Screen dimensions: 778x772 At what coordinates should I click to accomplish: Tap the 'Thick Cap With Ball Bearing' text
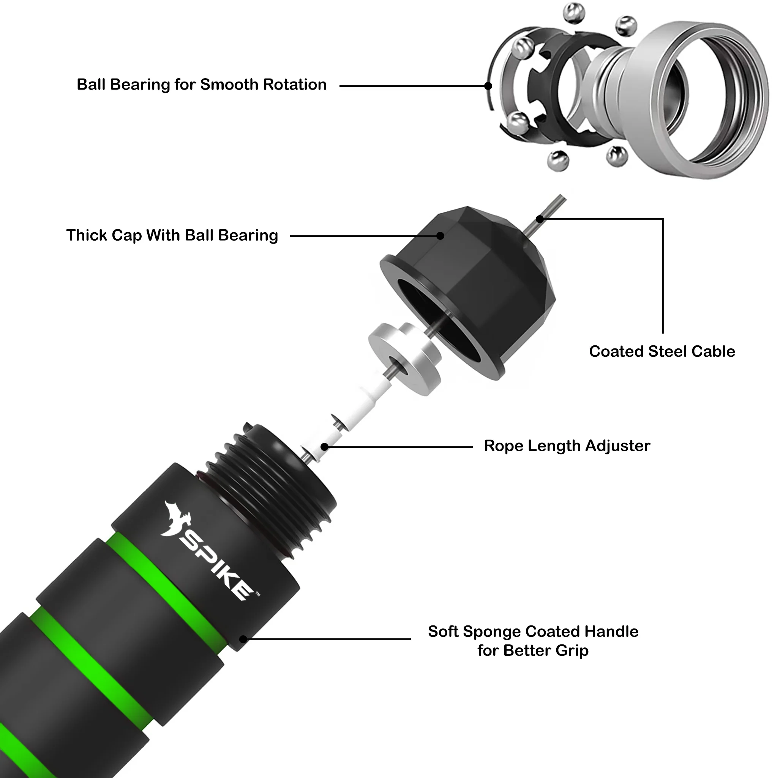(x=172, y=236)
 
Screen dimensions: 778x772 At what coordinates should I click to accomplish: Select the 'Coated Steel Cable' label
(x=661, y=351)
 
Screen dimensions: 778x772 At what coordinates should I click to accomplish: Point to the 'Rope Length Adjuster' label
(x=567, y=446)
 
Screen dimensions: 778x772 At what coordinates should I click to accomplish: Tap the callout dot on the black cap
(x=440, y=236)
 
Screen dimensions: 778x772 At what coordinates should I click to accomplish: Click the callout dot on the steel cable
(x=540, y=219)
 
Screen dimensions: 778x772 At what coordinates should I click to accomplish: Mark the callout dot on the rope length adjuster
(x=324, y=447)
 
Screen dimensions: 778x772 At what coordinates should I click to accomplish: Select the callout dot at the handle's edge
(x=243, y=639)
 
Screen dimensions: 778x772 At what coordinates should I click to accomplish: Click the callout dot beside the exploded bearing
(x=488, y=86)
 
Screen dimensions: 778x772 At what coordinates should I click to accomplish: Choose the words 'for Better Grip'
(x=533, y=650)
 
